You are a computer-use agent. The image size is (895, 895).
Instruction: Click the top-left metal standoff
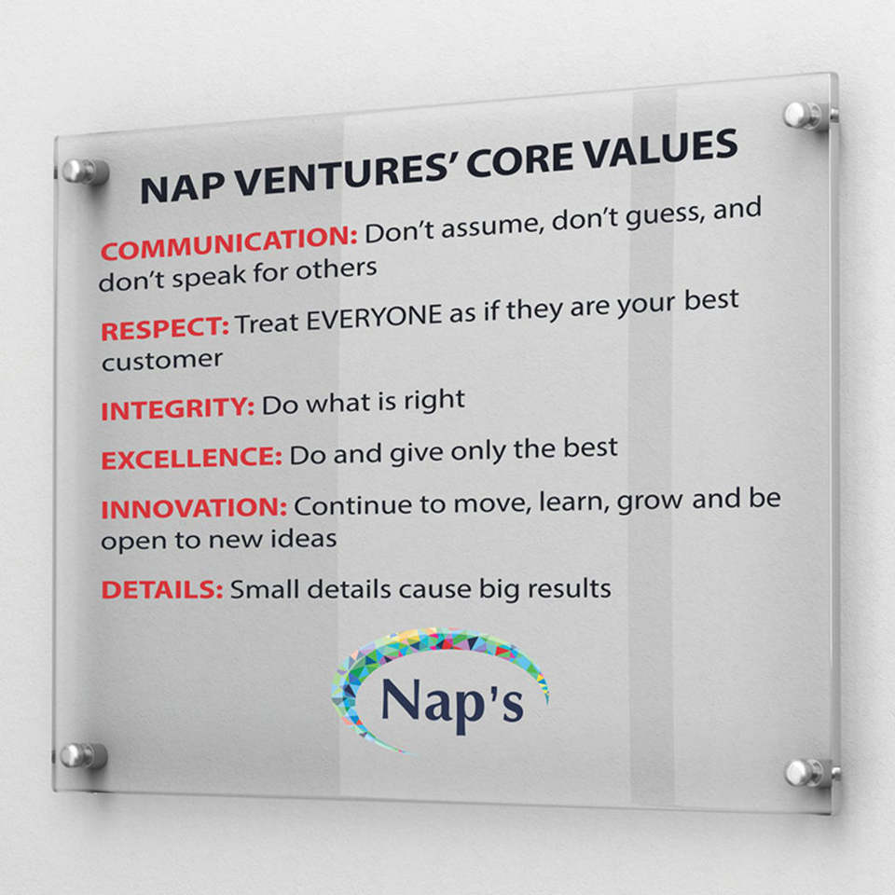(85, 172)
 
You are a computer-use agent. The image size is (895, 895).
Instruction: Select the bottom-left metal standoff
(84, 756)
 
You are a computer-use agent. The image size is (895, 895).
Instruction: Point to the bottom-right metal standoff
(809, 774)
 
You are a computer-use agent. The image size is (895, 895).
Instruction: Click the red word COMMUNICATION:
(229, 243)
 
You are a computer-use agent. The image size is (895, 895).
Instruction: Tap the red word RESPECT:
(165, 329)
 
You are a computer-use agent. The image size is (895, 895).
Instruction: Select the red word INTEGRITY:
(177, 409)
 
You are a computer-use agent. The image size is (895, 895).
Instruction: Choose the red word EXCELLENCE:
(192, 459)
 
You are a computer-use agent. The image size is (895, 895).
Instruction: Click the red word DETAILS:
(162, 589)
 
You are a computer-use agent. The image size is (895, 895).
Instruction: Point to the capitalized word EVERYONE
(375, 318)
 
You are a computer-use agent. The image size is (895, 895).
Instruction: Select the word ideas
(303, 538)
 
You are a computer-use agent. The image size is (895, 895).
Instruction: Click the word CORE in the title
(520, 161)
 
